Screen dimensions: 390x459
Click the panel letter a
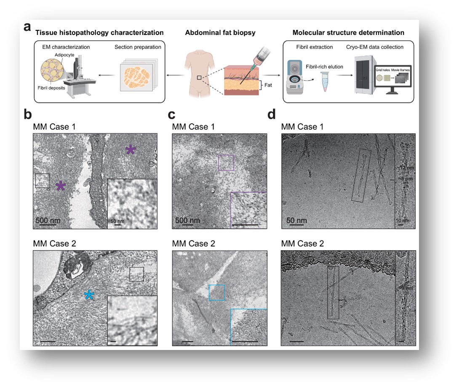[x=28, y=27]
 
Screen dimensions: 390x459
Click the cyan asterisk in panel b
[x=88, y=295]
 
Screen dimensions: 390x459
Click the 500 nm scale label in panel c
[x=187, y=220]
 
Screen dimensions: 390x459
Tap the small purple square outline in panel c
[x=226, y=163]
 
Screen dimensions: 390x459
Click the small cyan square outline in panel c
[x=217, y=293]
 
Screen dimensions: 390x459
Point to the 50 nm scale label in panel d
[x=296, y=220]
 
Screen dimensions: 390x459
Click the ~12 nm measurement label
[x=405, y=168]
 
